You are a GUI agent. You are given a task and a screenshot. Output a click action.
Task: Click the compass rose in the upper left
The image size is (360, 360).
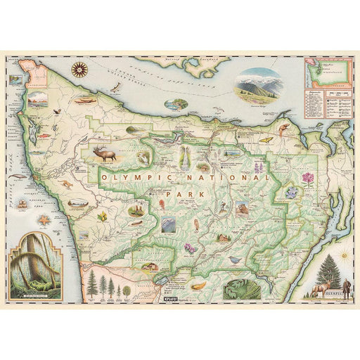click(x=79, y=70)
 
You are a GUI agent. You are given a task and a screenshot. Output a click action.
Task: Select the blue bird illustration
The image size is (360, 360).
click(x=233, y=259)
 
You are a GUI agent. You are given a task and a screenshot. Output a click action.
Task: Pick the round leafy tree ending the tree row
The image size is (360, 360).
click(x=127, y=289)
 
